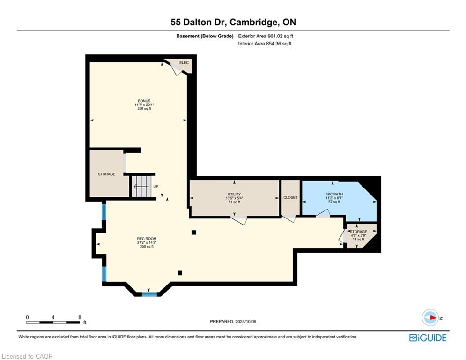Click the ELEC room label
[184, 63]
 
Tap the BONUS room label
[144, 101]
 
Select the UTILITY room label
[234, 194]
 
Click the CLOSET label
[290, 197]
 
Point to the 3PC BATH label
[334, 194]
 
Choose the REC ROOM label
[147, 239]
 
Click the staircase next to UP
[141, 186]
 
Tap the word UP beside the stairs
[156, 187]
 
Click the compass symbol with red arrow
[430, 317]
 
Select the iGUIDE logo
[428, 337]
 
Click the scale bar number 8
[80, 317]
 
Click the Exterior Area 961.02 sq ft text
[266, 36]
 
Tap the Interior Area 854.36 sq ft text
[265, 44]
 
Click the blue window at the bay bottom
[149, 294]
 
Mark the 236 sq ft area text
[144, 109]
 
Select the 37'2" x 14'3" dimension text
[147, 242]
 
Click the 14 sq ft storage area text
[358, 239]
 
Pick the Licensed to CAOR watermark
[27, 356]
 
